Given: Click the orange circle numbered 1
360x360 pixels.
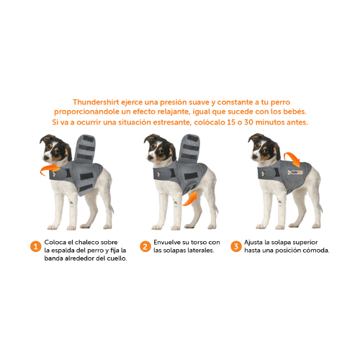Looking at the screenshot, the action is point(35,246).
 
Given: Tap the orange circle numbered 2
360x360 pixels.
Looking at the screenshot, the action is point(145,246).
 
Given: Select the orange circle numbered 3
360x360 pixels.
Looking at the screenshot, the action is point(236,246).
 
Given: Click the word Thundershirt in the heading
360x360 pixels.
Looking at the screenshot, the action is point(96,102).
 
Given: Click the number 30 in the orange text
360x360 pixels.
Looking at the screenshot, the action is point(248,122).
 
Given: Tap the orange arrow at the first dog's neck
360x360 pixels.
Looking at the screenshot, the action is point(49,169).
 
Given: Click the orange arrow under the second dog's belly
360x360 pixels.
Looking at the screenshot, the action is point(190,199).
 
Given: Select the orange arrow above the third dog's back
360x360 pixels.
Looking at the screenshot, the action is point(292,159).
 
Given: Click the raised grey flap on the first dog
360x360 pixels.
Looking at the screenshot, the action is point(85,148).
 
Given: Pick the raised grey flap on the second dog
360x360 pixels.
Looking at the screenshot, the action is point(189,148).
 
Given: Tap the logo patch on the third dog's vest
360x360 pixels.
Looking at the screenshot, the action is point(295,172).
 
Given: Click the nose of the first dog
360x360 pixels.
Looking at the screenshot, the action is point(45,158).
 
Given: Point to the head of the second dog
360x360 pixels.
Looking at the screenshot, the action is point(159,148).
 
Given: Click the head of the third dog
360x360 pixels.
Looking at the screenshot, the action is point(264,147).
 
